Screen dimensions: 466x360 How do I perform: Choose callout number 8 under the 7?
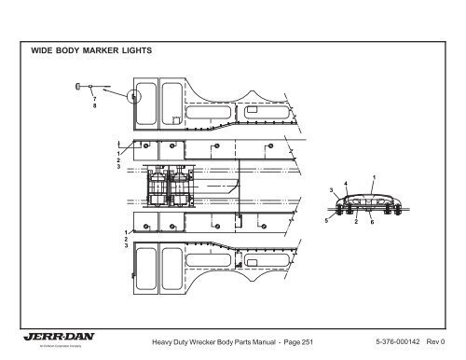[93, 107]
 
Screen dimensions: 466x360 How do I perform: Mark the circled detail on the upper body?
[135, 96]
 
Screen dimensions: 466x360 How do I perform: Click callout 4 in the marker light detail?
[346, 183]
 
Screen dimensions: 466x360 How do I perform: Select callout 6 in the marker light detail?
[372, 222]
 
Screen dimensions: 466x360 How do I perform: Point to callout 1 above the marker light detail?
[374, 177]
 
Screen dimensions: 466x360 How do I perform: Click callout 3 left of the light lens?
[331, 191]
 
